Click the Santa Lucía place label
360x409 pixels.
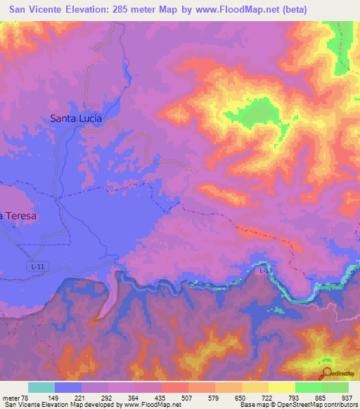(76, 119)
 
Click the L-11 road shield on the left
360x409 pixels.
(41, 266)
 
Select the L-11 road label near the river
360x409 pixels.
(264, 270)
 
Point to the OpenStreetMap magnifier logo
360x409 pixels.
(328, 375)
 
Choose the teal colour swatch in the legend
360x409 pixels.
(41, 387)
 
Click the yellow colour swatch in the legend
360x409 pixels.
(282, 387)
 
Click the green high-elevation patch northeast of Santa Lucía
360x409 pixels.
(261, 111)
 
